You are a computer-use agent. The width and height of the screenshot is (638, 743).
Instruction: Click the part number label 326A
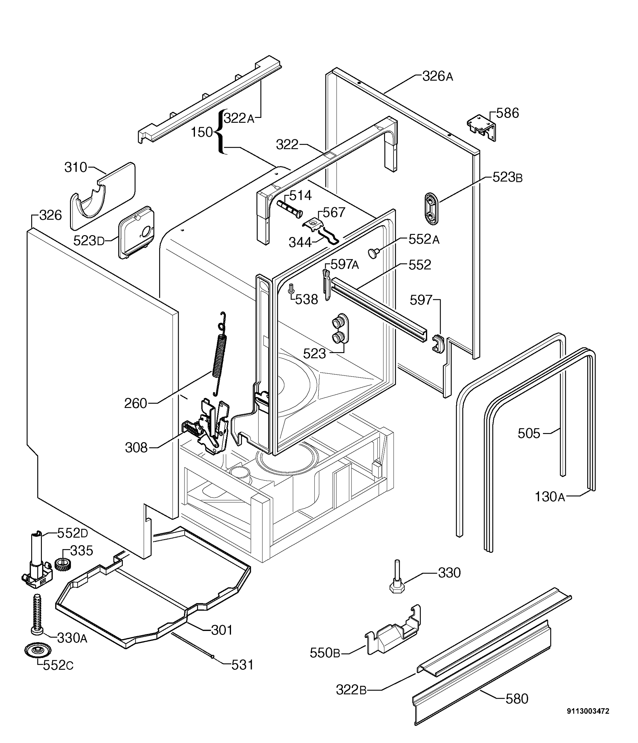(x=438, y=77)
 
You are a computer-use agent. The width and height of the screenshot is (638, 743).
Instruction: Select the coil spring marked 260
(x=220, y=355)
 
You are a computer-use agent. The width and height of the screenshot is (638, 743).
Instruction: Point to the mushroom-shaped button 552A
(x=374, y=253)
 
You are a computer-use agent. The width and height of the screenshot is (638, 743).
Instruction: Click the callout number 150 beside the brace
(x=202, y=133)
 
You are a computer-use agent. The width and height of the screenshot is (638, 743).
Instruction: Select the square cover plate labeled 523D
(x=136, y=232)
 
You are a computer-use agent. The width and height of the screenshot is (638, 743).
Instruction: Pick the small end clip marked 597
(x=438, y=344)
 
